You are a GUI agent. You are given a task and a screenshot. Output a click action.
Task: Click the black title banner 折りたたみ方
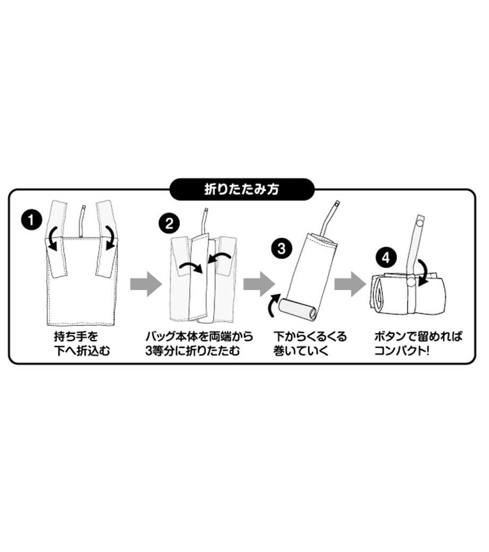[242, 189]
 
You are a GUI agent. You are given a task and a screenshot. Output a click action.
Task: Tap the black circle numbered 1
[31, 220]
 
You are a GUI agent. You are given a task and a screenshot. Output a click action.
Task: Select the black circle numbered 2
[169, 223]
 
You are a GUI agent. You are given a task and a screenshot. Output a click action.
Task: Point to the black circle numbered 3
[281, 248]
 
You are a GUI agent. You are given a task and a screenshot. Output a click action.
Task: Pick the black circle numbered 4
[386, 257]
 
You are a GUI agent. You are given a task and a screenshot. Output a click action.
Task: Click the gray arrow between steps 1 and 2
[146, 284]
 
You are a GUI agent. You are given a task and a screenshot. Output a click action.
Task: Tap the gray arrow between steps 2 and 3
[259, 284]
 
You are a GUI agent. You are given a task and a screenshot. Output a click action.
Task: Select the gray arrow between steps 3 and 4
[350, 284]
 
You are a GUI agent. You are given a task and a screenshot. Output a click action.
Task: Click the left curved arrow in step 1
[52, 239]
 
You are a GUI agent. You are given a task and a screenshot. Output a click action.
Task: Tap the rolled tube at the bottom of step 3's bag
[298, 309]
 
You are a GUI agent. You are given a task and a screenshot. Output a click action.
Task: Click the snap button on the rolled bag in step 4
[411, 282]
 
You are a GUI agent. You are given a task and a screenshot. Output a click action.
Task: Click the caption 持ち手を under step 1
[76, 337]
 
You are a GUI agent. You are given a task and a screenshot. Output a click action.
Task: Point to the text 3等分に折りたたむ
[192, 351]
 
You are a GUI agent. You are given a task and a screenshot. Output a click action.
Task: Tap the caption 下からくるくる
[310, 337]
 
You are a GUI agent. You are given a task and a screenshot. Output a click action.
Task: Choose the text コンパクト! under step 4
[402, 351]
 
